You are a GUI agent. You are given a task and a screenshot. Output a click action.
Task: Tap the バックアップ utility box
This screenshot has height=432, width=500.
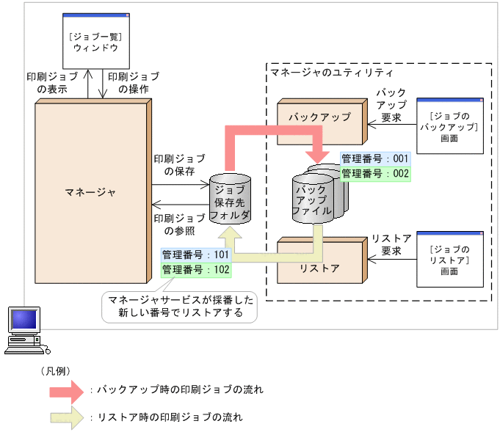coord(320,117)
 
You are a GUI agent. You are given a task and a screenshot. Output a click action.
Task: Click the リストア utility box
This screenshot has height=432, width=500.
coord(320,268)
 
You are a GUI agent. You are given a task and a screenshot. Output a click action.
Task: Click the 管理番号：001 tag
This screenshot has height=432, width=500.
coord(374,158)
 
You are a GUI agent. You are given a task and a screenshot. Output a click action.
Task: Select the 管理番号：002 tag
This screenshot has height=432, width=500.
coord(374,173)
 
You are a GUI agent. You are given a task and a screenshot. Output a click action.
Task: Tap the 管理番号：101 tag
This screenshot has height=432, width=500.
coord(196,255)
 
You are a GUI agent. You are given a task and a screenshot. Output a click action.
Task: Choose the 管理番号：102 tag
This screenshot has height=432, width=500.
coord(196,270)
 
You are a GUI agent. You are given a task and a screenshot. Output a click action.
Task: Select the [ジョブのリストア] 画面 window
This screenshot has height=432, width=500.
coord(449,258)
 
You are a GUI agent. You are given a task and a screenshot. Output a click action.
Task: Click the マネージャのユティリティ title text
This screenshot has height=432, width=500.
coord(332,73)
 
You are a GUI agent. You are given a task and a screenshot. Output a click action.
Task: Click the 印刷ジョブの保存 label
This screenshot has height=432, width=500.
coord(179,165)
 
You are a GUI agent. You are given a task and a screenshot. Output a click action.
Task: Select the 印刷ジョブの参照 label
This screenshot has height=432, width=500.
coord(179,224)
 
